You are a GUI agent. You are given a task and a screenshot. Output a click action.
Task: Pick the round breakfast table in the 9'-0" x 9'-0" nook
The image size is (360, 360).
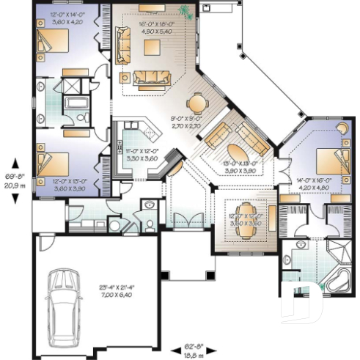coord(199,103)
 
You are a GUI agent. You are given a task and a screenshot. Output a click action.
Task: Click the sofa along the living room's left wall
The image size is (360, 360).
coord(120,45)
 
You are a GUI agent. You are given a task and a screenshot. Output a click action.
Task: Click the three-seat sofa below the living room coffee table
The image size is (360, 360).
coord(152,77)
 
